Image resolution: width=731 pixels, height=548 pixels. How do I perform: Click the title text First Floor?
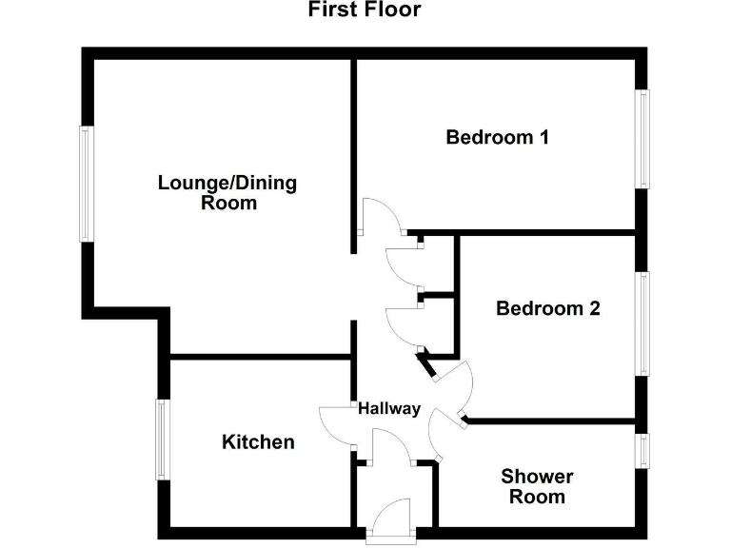pos(365,10)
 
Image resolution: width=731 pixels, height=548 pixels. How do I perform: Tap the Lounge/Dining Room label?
pos(227,192)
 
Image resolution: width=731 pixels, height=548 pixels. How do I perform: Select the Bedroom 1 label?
pos(498,137)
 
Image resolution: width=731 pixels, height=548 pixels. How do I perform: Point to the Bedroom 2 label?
pos(548,308)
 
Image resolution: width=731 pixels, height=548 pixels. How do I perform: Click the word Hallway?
pos(388,409)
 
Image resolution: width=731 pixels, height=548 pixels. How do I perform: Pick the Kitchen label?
pos(258,441)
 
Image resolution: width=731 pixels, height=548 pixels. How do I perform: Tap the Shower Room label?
pos(537,486)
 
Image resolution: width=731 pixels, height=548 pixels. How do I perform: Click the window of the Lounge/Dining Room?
pos(86,184)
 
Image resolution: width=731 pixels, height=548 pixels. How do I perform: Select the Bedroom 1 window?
pos(642,139)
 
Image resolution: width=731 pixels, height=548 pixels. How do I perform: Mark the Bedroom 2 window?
pos(642,323)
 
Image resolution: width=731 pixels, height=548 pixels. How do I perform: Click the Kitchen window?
pos(163,440)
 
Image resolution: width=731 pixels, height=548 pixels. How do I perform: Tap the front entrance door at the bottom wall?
pos(392,521)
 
